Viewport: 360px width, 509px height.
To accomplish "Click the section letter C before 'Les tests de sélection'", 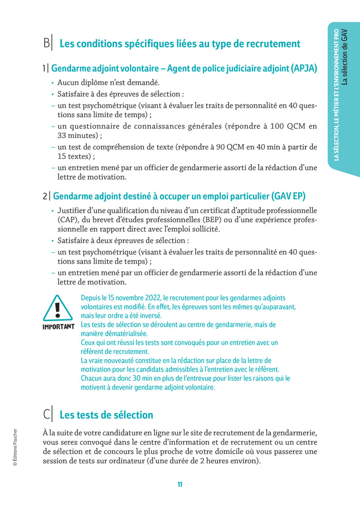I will pos(46,415).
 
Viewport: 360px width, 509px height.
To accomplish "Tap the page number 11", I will pos(180,484).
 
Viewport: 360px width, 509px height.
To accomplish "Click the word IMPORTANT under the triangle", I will pos(58,327).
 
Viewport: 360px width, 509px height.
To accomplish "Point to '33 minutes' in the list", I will pos(77,135).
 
